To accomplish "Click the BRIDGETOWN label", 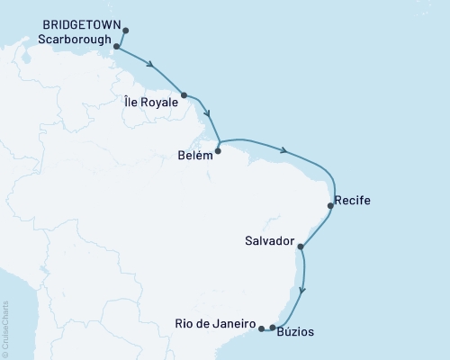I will [80, 27].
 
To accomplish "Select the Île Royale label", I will [151, 103].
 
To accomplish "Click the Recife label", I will [352, 199].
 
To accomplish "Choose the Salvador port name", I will [269, 242].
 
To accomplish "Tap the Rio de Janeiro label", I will [217, 322].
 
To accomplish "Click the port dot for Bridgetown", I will [125, 31].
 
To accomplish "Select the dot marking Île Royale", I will [184, 94].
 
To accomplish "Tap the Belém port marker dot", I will [218, 151].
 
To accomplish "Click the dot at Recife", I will [331, 206].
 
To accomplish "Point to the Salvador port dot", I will [300, 246].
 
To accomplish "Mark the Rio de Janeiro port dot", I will [261, 328].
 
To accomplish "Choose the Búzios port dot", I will [273, 328].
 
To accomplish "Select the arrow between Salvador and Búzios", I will [304, 289].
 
